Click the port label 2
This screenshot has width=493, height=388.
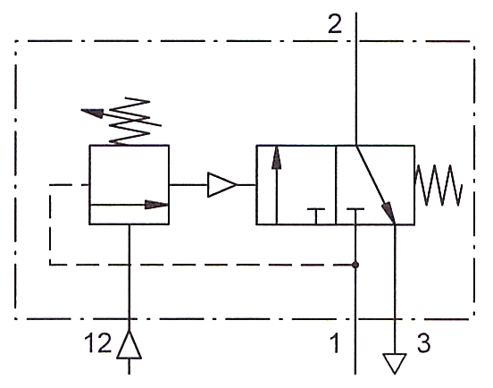[334, 24]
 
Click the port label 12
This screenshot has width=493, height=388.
[97, 342]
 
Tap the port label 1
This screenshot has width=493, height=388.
[335, 343]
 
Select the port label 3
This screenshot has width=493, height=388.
[423, 342]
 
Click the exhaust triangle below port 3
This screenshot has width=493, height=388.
[395, 362]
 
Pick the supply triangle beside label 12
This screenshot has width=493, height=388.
[129, 346]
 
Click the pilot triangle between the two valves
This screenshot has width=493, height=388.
[222, 185]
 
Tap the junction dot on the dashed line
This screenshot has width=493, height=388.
[355, 265]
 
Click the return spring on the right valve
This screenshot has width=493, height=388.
[439, 185]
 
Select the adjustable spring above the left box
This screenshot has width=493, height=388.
[130, 122]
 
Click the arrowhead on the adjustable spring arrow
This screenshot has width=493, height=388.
[93, 113]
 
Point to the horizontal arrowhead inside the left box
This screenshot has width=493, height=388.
[156, 205]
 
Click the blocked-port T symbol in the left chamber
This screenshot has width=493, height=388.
[316, 216]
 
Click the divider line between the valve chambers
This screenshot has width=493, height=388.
[336, 185]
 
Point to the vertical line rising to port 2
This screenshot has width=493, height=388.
[356, 79]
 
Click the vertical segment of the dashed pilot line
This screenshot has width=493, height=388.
[50, 224]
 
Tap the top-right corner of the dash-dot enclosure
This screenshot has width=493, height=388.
[474, 41]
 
